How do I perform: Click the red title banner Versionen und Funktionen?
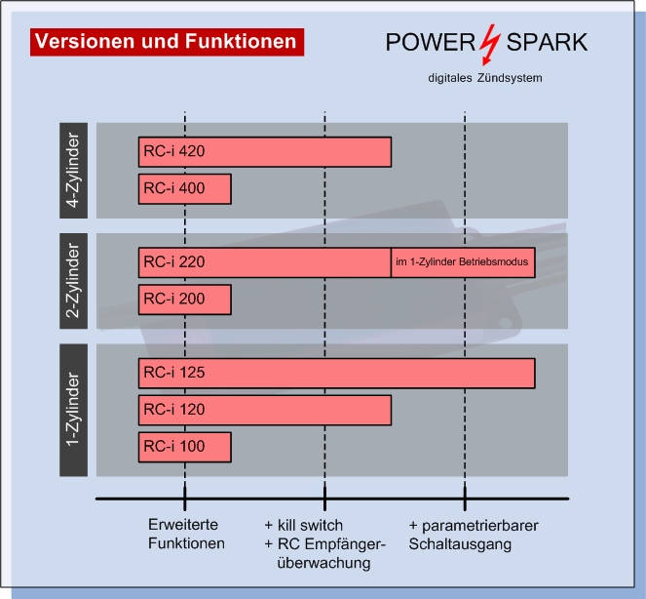(167, 42)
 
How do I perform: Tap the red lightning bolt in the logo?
(489, 45)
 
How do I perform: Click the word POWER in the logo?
(431, 42)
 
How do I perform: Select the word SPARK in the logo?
(547, 42)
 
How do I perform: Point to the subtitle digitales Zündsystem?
(485, 78)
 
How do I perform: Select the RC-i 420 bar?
(265, 152)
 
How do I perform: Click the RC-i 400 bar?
(184, 189)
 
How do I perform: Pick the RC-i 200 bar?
(184, 299)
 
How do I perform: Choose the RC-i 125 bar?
(336, 373)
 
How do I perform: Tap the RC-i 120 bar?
(265, 410)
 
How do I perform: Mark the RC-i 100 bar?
(184, 447)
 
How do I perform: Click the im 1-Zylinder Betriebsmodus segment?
(463, 262)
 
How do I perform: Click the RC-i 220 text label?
(173, 262)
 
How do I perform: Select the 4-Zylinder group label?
(73, 171)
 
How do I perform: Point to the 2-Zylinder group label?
(73, 281)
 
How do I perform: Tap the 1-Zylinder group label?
(73, 410)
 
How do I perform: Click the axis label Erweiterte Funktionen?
(186, 534)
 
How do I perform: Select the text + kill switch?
(303, 525)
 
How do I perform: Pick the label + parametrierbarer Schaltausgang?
(474, 535)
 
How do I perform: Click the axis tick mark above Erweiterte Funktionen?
(184, 499)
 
